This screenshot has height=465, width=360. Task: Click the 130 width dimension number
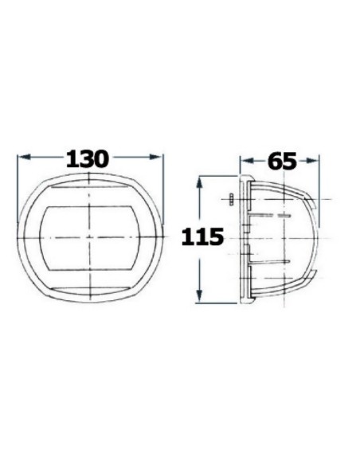(88, 158)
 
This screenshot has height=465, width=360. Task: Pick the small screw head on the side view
(229, 199)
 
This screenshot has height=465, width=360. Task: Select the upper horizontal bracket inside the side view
(271, 214)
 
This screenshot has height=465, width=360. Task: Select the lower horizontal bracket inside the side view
(271, 261)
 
